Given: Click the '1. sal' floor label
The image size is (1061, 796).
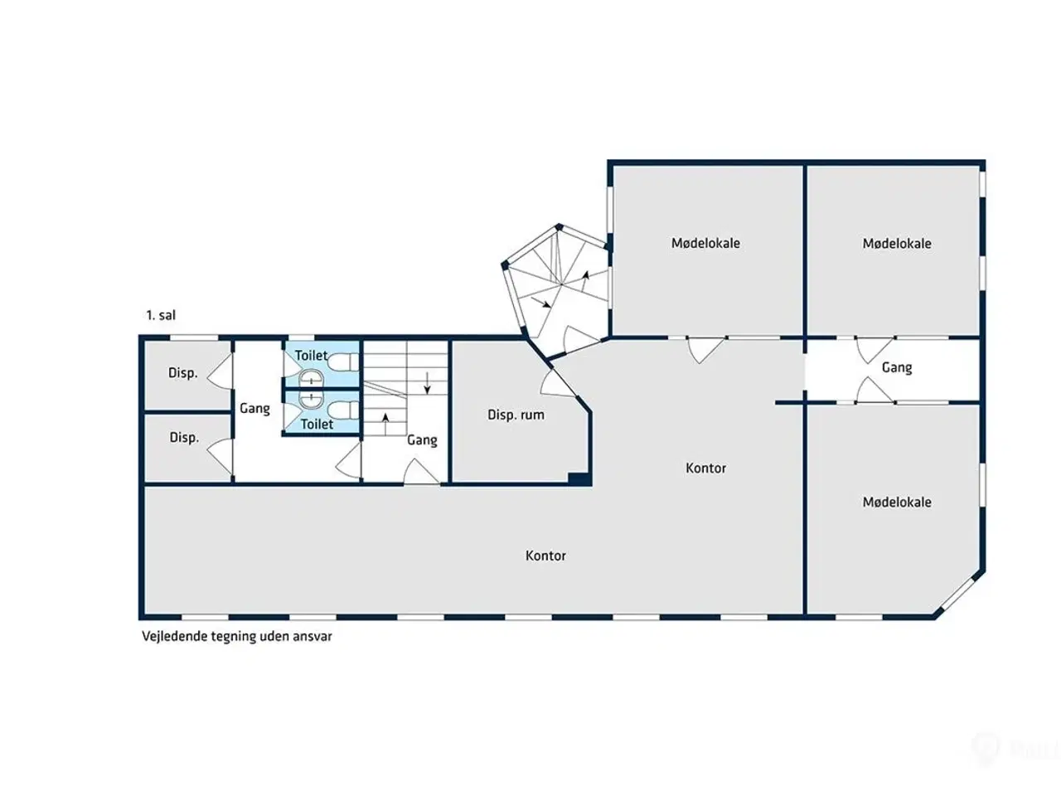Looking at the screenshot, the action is (x=161, y=315).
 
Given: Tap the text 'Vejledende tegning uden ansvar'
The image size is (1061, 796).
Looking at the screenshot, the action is (x=237, y=637).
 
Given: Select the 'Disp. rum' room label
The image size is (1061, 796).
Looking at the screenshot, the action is (x=516, y=415).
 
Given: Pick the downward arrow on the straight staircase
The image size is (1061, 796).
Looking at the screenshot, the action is (x=427, y=383).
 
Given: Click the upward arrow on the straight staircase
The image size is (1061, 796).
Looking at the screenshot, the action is (x=385, y=424).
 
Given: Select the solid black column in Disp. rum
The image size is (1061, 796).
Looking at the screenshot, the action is (x=579, y=478).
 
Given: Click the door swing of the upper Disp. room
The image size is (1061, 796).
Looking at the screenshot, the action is (x=220, y=371).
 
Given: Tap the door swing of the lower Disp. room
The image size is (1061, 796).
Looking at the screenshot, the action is (x=220, y=457).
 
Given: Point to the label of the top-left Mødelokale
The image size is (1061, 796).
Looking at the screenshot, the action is (x=705, y=243).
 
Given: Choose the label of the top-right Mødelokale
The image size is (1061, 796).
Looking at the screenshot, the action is (x=897, y=243).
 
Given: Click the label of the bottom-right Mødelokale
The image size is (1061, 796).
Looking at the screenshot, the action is (x=897, y=502).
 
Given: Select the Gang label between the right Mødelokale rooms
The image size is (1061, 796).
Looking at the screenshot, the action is (x=897, y=367).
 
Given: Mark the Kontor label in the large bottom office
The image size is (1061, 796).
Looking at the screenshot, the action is (x=545, y=556).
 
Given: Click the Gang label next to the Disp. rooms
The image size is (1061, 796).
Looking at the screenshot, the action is (x=254, y=409).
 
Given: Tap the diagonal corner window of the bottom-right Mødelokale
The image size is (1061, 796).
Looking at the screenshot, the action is (x=960, y=595).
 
